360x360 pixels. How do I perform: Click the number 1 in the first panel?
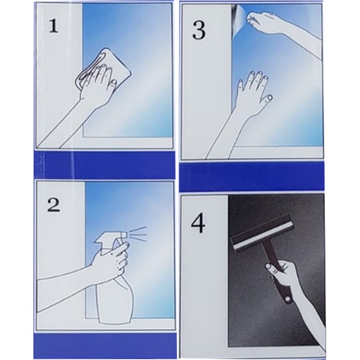click(x=53, y=26)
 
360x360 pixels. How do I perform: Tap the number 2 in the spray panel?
click(x=54, y=204)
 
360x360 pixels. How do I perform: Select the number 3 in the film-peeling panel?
click(x=199, y=31)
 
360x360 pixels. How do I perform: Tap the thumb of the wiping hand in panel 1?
click(x=113, y=84)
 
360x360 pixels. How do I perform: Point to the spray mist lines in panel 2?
click(x=137, y=234)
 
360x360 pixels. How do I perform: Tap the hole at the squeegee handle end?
click(x=288, y=299)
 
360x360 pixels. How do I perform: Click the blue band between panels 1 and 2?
click(x=104, y=165)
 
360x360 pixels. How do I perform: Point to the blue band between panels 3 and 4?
click(x=252, y=177)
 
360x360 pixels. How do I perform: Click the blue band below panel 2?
click(x=105, y=346)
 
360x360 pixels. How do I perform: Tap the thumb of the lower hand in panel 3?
click(x=267, y=99)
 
